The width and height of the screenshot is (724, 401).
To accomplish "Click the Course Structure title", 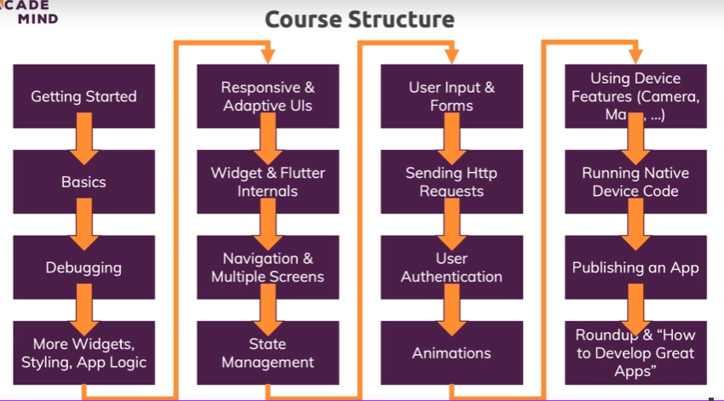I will [x=359, y=19].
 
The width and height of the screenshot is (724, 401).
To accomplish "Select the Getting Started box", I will [x=83, y=96].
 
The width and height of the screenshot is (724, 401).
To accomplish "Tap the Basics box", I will [x=83, y=182].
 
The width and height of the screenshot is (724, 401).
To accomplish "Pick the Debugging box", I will [x=83, y=267].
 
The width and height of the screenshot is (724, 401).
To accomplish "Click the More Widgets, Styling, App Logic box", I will [x=83, y=352].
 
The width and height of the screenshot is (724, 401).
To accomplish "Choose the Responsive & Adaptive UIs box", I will [x=267, y=96].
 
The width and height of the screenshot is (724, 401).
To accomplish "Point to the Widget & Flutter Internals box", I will [x=267, y=182].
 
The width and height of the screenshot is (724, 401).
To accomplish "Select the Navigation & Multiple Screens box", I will [x=267, y=267].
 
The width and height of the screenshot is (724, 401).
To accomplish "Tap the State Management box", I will [x=267, y=352].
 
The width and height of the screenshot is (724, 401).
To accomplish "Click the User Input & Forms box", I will [x=451, y=96].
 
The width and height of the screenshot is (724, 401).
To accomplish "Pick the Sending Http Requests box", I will [x=451, y=182].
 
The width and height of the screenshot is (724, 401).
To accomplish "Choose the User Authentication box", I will [x=451, y=267].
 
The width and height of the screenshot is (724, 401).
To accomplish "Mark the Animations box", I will [x=451, y=352].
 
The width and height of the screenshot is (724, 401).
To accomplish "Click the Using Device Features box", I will [x=635, y=96].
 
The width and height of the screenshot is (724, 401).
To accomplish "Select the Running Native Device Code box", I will [x=635, y=182].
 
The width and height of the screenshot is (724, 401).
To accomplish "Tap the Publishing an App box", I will [x=635, y=267].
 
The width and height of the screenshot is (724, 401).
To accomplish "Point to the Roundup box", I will [x=635, y=352].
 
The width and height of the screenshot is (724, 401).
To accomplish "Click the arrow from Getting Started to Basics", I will [x=84, y=140].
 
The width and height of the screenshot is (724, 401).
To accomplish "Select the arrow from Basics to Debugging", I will [x=84, y=225].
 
